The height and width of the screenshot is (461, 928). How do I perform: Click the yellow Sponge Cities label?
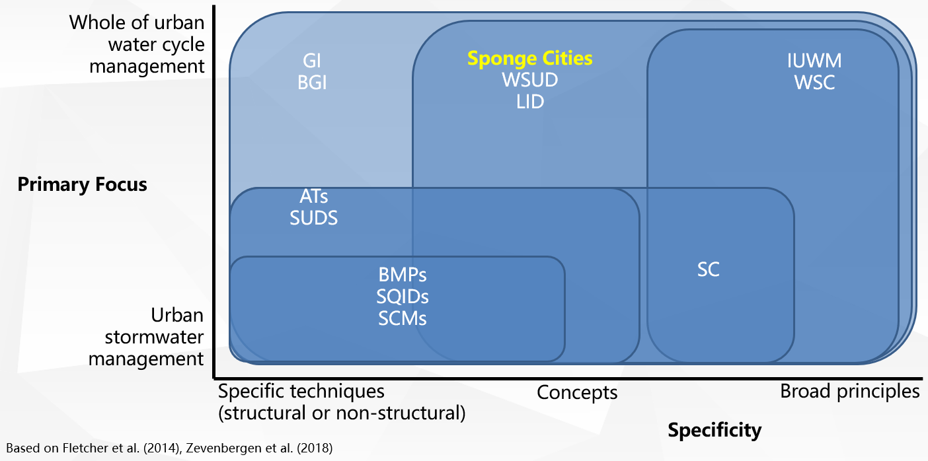(x=529, y=58)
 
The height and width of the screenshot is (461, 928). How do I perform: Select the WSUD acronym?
(x=529, y=81)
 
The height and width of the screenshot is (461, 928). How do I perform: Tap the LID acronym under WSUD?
(x=529, y=102)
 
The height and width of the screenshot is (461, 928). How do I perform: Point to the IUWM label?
(x=814, y=61)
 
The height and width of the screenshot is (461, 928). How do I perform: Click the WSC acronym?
(x=814, y=83)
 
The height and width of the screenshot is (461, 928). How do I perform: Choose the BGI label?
(x=312, y=83)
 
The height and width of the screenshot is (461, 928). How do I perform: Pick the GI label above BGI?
(x=312, y=61)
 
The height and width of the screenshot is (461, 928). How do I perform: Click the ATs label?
(x=313, y=195)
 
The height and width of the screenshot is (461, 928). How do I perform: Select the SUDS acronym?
(x=313, y=218)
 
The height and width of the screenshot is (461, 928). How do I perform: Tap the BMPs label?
(x=403, y=274)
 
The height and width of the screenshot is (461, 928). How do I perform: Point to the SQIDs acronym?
(x=403, y=297)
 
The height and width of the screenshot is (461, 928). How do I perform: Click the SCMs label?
(x=403, y=318)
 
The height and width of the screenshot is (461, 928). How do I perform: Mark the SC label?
(x=708, y=269)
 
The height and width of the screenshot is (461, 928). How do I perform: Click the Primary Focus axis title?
(x=82, y=184)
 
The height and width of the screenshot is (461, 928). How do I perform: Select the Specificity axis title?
(x=715, y=431)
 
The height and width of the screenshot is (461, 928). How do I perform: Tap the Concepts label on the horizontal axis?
(x=576, y=392)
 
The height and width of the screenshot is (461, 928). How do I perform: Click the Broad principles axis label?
(x=849, y=391)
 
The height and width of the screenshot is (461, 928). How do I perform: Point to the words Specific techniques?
(x=301, y=391)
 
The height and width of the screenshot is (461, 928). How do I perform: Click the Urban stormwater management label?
(x=146, y=337)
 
